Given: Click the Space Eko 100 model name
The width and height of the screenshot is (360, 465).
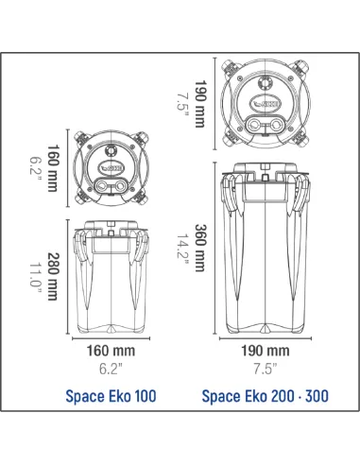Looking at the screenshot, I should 112,396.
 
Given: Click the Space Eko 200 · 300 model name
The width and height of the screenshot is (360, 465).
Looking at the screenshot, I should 266,396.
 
